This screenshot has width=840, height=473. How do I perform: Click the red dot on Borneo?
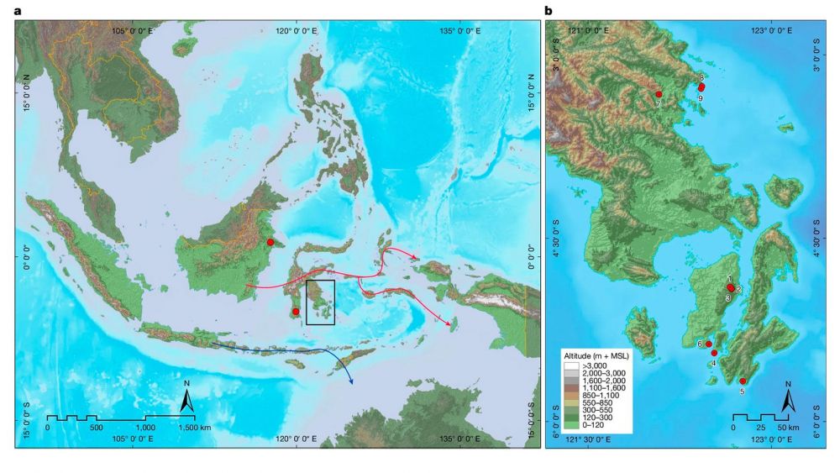pyautogui.click(x=270, y=242)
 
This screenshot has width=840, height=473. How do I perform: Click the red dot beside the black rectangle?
pyautogui.click(x=296, y=312)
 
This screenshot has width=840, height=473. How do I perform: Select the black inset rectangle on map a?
pyautogui.click(x=320, y=302)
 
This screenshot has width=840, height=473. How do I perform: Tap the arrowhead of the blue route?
pyautogui.click(x=350, y=382)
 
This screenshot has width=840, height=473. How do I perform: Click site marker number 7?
pyautogui.click(x=659, y=94)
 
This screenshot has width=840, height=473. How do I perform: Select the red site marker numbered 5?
pyautogui.click(x=743, y=381)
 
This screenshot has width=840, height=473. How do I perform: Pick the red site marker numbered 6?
pyautogui.click(x=709, y=344)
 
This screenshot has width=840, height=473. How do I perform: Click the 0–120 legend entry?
pyautogui.click(x=591, y=428)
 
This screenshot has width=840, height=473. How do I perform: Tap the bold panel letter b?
pyautogui.click(x=549, y=11)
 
